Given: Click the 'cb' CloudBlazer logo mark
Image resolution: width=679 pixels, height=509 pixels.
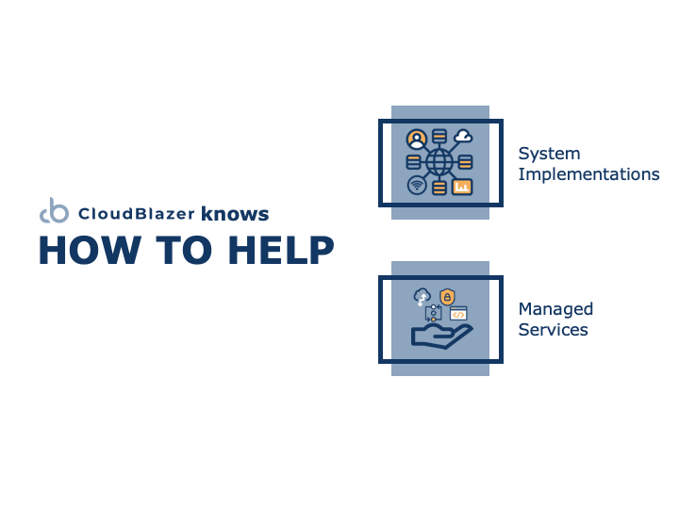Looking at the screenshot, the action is coord(54,211).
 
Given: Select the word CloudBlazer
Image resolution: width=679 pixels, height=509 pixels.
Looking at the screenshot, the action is coord(137,214).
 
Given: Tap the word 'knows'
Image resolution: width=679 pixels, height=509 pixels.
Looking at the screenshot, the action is coord(235,214).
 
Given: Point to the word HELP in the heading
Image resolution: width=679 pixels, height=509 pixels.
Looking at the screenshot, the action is coord(281,250).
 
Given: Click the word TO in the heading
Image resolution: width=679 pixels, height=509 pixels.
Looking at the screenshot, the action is coord(184,250).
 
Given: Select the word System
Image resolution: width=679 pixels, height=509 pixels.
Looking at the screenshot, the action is coord(549,155).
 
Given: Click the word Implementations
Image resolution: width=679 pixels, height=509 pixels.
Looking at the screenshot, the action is coord(588,174).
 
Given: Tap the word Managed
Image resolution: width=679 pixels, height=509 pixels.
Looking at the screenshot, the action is coord(555,310).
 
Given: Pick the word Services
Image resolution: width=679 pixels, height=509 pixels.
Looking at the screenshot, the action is coord(553,330).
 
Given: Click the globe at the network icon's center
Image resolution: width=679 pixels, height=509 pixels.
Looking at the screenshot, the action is coord(439,162).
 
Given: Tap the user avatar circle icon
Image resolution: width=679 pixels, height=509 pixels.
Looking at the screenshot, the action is coord(417,140).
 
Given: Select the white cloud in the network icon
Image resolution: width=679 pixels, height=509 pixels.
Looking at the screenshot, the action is coord(463,136).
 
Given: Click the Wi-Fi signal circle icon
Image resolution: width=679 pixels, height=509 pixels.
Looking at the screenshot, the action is coord(417,186).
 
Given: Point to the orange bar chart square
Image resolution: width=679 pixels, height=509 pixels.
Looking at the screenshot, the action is coord(462,187).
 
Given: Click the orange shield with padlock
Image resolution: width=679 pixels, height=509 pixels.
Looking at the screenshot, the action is coord(447,297).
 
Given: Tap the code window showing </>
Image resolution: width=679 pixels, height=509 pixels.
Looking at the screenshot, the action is coord(458,313).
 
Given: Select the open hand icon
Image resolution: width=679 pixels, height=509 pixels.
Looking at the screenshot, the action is coord(441,337).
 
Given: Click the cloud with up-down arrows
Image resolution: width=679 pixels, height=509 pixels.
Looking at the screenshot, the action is coord(422,297).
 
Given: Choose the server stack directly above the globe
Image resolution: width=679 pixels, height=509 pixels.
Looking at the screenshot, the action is coord(439,136).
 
